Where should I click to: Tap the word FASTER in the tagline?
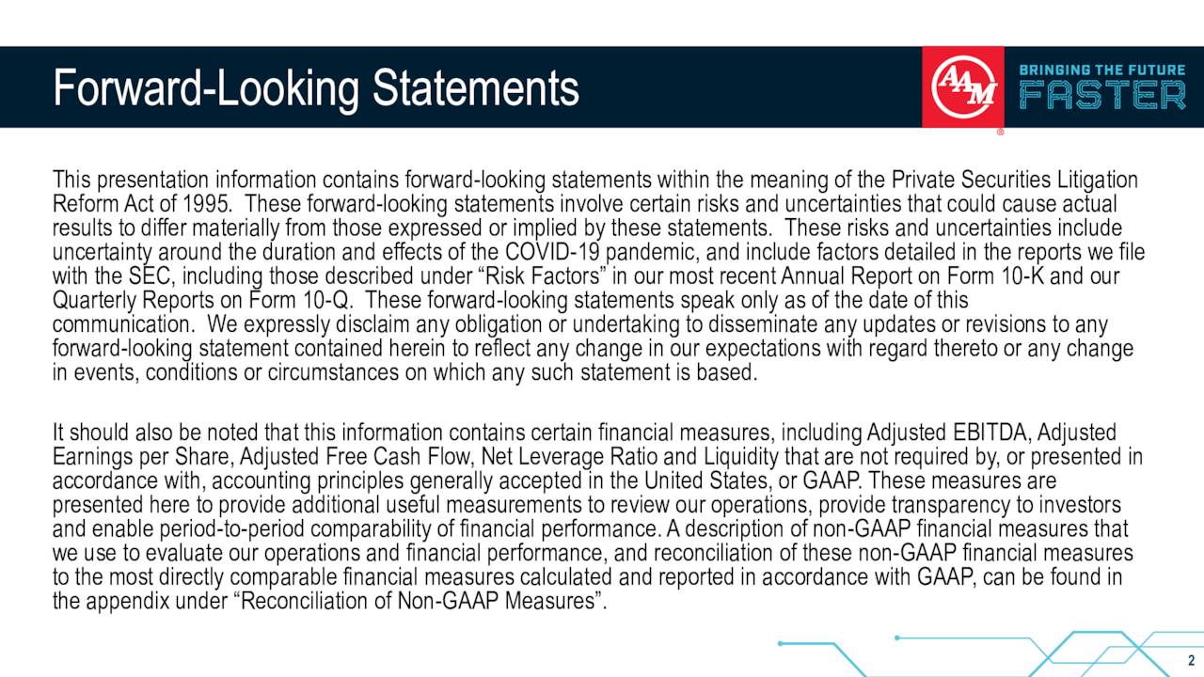coord(1102,96)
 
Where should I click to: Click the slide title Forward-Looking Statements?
coord(315,87)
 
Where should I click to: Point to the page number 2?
coord(1191,659)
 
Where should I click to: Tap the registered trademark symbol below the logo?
coord(1000,132)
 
